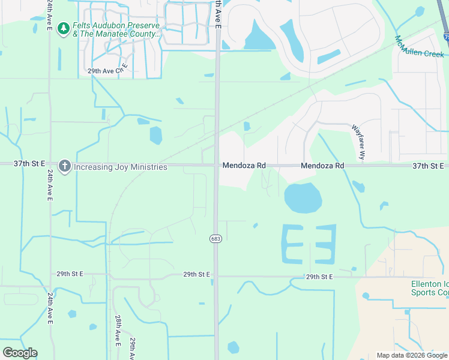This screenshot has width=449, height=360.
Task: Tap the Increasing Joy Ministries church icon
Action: (65, 166)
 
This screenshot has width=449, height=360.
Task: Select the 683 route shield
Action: (215, 238)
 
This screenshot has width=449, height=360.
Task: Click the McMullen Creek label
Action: (418, 46)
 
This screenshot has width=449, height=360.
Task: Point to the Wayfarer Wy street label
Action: (358, 142)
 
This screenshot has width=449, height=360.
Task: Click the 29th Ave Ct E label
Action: (108, 70)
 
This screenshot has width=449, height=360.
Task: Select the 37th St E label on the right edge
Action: (428, 166)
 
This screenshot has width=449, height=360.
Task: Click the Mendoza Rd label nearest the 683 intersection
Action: (244, 166)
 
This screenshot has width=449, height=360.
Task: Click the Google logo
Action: (20, 353)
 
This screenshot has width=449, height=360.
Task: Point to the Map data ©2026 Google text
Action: (412, 355)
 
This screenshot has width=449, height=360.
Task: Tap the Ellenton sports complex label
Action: (429, 288)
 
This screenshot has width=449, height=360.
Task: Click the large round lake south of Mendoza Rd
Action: (303, 198)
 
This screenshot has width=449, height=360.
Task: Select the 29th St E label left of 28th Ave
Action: (70, 274)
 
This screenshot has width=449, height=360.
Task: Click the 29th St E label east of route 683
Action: (319, 277)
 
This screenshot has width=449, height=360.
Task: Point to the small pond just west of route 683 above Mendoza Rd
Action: (155, 135)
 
